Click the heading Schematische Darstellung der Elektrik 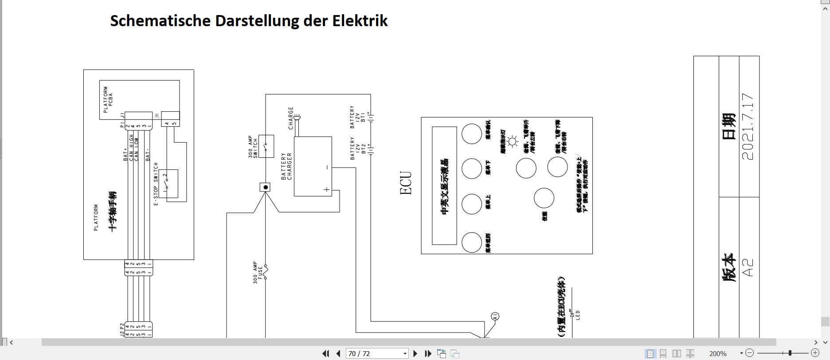pos(248,21)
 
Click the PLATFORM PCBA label pos(108,99)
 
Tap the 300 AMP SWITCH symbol pos(266,146)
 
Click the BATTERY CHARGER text pos(286,166)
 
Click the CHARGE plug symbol pos(298,117)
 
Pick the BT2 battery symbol pos(372,148)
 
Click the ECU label pos(406,183)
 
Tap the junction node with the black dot pos(265,188)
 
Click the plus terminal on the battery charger pos(327,189)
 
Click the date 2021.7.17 pos(748,126)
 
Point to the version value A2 pos(748,267)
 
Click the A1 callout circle pos(495,316)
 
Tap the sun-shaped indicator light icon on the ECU pos(513,142)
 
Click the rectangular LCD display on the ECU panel pos(445,185)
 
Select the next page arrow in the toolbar pos(415,353)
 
